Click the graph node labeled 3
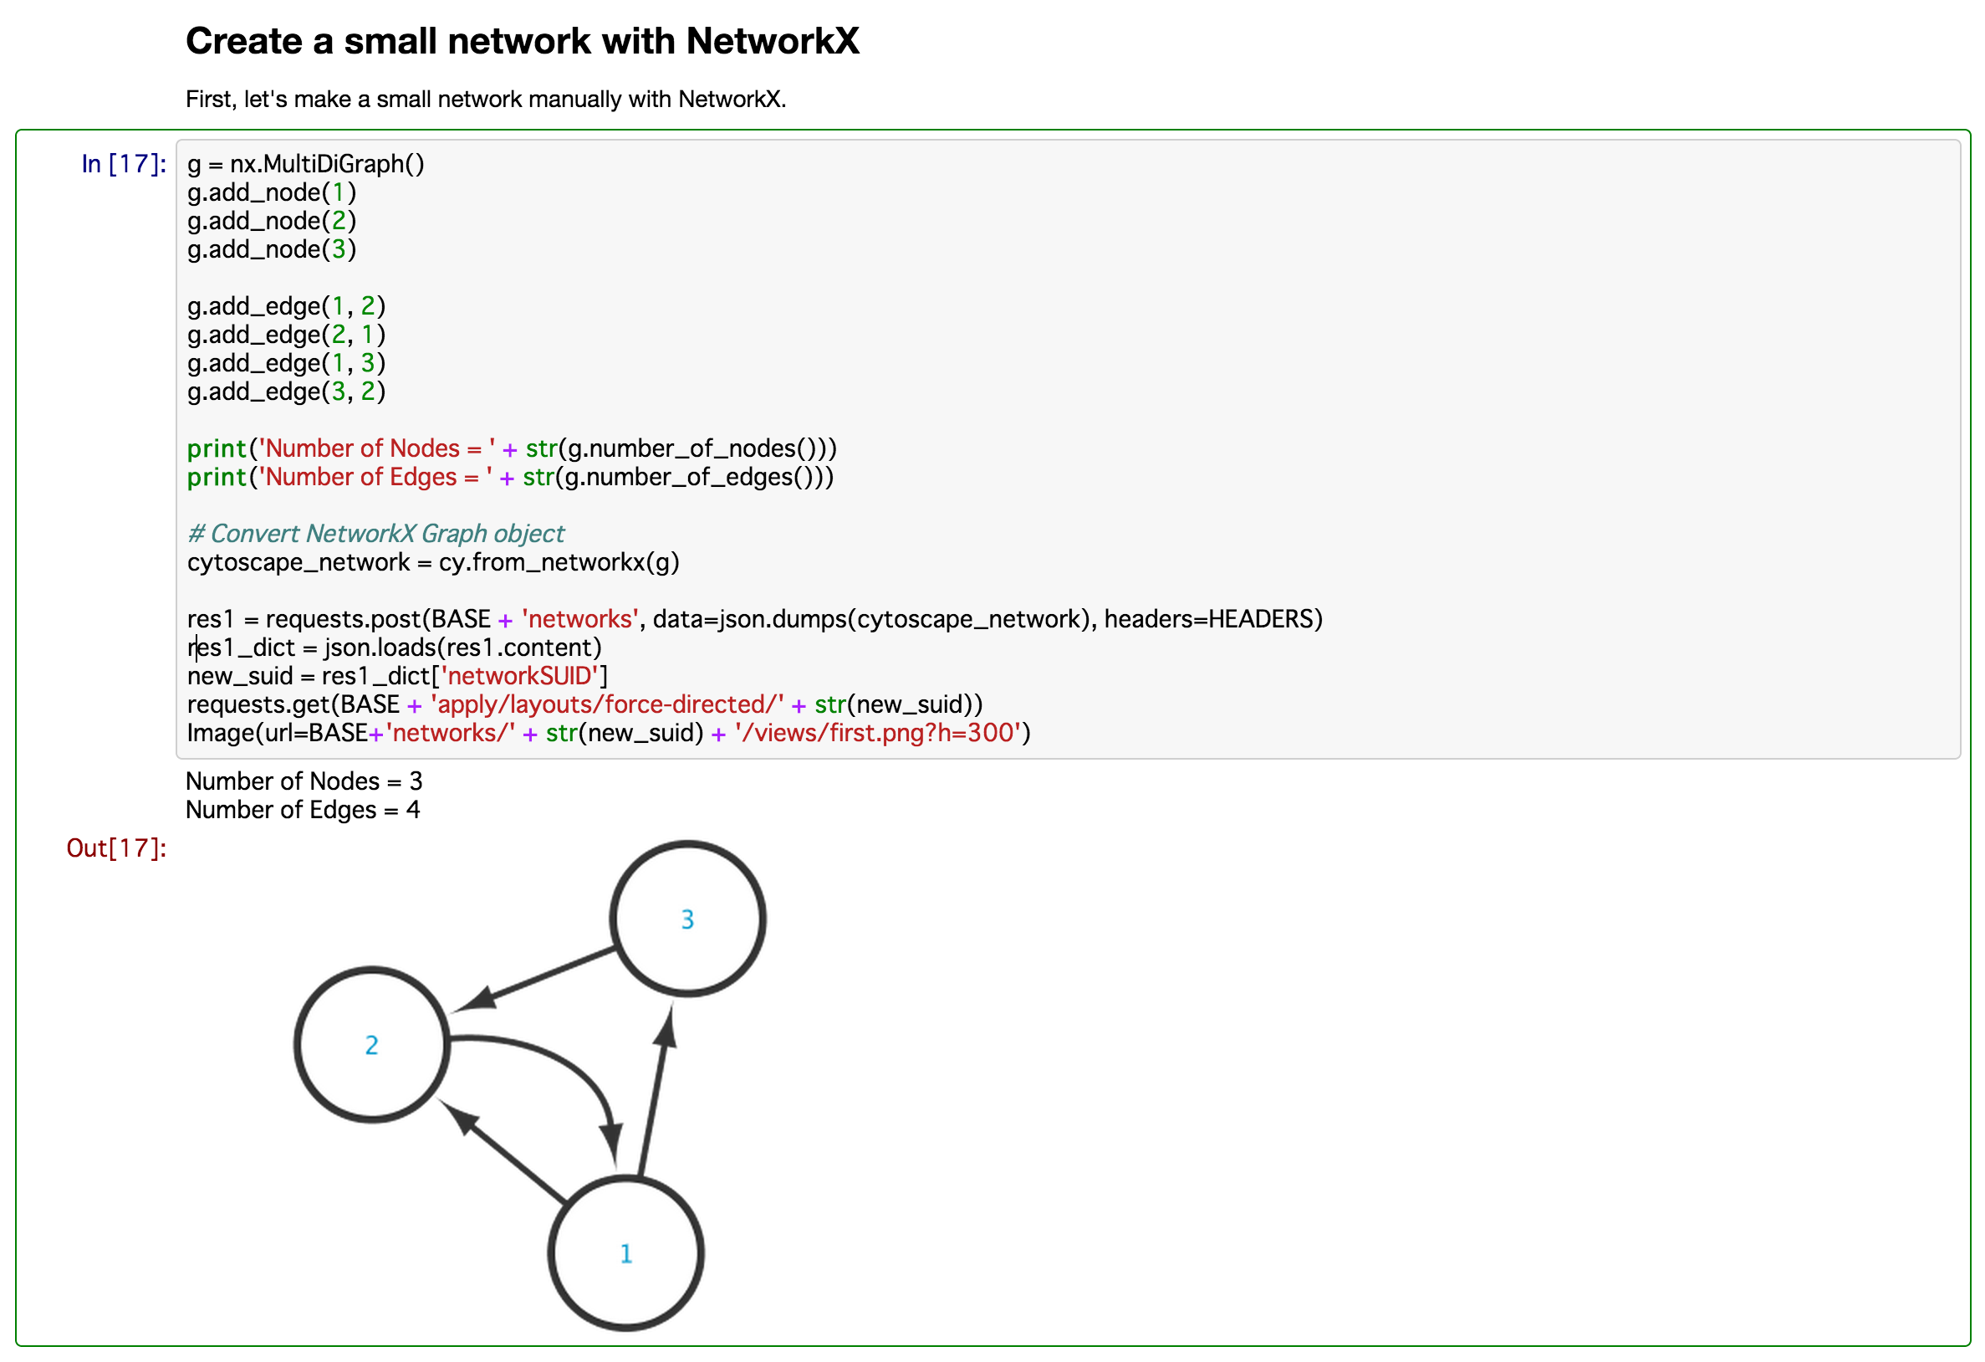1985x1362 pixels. [686, 919]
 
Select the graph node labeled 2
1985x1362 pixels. [371, 1044]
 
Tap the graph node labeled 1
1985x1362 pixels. [625, 1252]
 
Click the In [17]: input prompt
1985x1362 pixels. [124, 163]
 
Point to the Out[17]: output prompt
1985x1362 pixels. [116, 847]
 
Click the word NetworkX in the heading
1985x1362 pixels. [772, 41]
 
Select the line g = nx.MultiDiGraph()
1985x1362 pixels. [305, 163]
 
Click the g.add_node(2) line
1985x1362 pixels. [271, 221]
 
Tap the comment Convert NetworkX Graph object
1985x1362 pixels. [375, 533]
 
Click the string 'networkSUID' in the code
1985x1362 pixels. [519, 676]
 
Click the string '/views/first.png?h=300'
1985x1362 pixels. [877, 733]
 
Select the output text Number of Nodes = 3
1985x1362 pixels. [304, 781]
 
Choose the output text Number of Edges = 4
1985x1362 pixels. [303, 809]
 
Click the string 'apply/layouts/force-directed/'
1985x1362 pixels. [606, 704]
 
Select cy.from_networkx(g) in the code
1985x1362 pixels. [559, 562]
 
